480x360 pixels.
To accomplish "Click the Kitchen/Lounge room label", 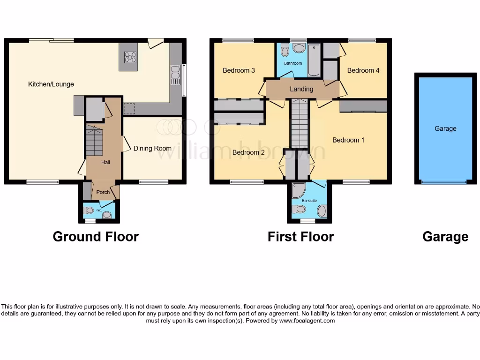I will tap(51, 84).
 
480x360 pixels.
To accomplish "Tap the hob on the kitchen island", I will tap(130, 57).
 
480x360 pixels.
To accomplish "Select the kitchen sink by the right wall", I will tap(175, 75).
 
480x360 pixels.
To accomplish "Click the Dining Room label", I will tap(152, 148).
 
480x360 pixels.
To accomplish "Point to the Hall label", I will tap(105, 162).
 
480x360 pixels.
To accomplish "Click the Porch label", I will tap(103, 192).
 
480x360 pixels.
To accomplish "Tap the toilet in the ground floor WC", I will tap(107, 215).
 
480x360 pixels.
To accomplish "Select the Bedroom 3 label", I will tap(239, 70).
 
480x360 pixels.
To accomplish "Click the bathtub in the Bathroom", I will tap(314, 60).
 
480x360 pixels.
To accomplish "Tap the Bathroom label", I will tap(292, 63).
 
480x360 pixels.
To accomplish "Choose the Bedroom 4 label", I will tap(363, 70).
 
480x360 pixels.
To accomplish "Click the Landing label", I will tap(301, 89).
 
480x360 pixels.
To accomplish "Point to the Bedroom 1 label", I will tap(348, 140).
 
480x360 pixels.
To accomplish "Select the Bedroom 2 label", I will tap(248, 152).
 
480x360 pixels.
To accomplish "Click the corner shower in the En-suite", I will tap(298, 189).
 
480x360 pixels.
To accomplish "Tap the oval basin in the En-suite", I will tap(322, 211).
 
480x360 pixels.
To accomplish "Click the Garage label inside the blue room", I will tap(445, 128).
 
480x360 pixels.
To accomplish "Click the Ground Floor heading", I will tap(96, 237).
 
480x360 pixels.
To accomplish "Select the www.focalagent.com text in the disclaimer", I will tap(307, 321).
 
